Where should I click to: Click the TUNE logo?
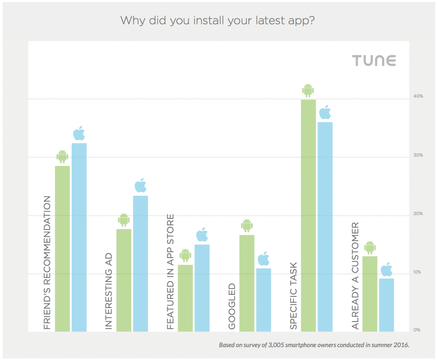point(374,61)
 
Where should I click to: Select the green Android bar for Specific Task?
point(309,215)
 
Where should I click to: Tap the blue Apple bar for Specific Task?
point(325,226)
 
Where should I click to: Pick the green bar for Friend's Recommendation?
point(62,248)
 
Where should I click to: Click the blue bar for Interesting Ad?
point(140,263)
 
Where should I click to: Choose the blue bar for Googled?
point(263,299)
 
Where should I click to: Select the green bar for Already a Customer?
point(370,293)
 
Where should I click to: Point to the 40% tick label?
point(418,96)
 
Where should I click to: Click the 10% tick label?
point(418,272)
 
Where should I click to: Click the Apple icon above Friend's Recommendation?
point(79,134)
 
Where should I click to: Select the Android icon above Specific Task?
point(308,90)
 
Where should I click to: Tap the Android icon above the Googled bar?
point(247,226)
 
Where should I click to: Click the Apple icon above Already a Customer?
point(387,270)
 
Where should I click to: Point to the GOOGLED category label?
point(232,306)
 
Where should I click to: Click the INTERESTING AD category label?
point(109,292)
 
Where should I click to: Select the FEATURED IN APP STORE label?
point(170,272)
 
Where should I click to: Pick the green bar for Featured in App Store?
point(185,298)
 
